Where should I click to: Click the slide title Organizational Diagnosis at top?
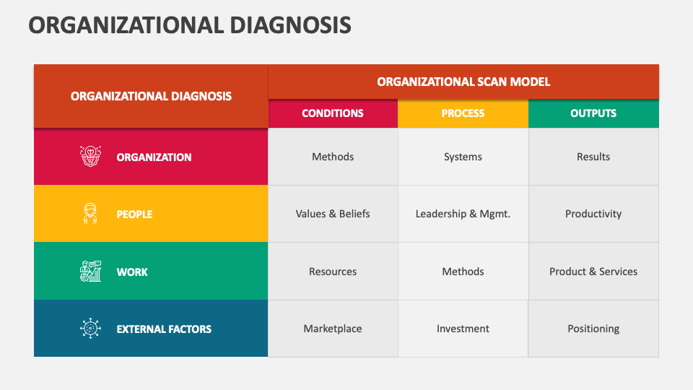190,25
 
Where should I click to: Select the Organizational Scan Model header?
463,82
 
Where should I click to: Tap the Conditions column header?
333,113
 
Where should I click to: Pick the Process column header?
463,113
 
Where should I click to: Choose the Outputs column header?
593,113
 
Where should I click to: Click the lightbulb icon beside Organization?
90,156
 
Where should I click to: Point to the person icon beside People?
90,214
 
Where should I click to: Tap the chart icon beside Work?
90,272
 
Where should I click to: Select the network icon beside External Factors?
90,329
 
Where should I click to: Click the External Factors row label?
164,329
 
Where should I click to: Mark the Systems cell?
463,157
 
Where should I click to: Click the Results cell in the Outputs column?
593,157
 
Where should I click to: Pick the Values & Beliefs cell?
333,214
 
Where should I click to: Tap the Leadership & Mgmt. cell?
463,214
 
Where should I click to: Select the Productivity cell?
593,214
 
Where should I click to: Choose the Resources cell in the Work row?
333,272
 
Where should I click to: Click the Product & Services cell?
593,272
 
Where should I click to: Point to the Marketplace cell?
333,329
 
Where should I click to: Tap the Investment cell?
463,329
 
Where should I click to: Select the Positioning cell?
593,329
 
